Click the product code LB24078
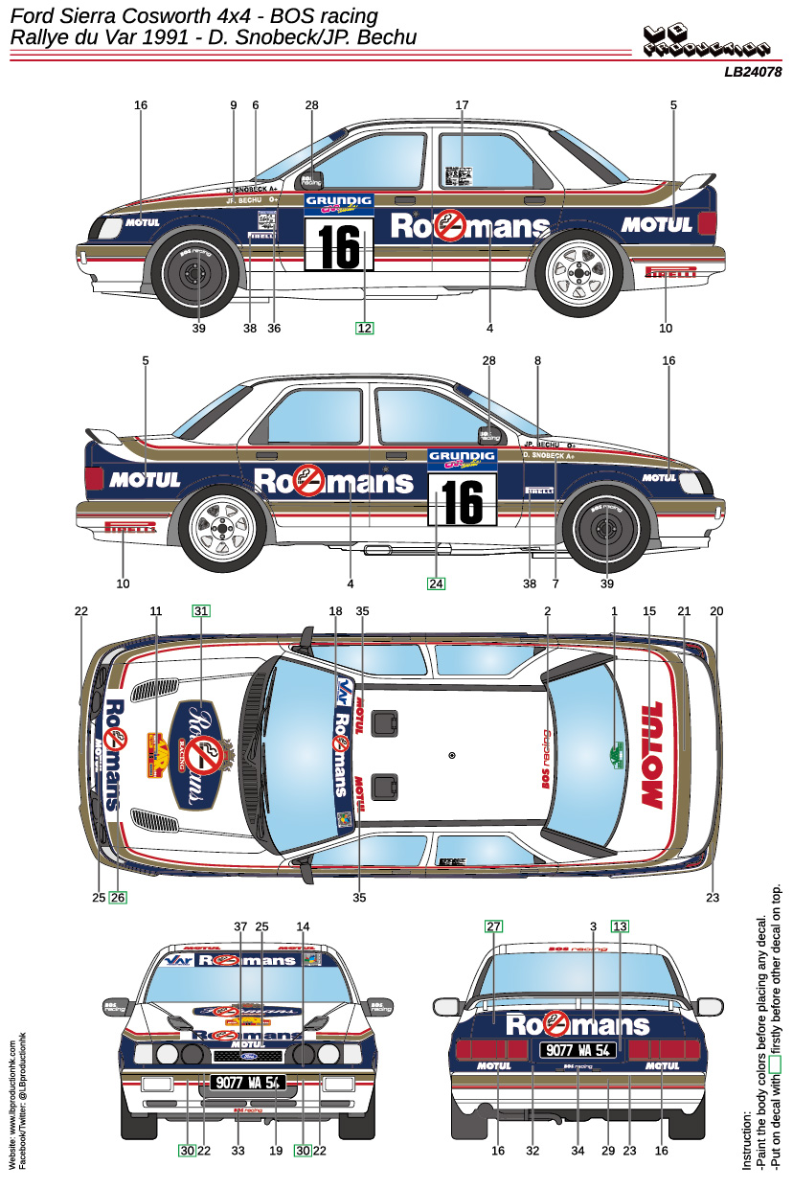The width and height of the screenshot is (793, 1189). click(753, 71)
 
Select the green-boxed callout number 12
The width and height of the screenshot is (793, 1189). click(364, 328)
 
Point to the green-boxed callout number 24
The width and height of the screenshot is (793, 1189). click(437, 583)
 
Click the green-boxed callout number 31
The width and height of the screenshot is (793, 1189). click(201, 610)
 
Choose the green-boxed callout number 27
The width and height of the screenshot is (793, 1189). click(493, 926)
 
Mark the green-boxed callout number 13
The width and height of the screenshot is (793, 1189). click(621, 926)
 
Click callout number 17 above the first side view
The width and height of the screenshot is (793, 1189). click(462, 104)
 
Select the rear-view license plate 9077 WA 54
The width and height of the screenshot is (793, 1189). click(578, 1049)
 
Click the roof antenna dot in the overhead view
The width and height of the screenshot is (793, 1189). click(452, 755)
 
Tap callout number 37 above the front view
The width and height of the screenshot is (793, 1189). click(240, 926)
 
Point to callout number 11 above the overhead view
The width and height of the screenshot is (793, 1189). click(156, 610)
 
